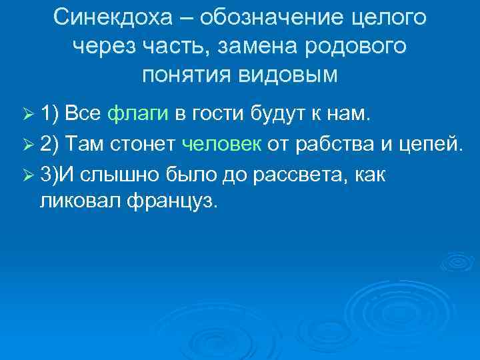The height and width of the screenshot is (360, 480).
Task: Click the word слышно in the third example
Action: (113, 174)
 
